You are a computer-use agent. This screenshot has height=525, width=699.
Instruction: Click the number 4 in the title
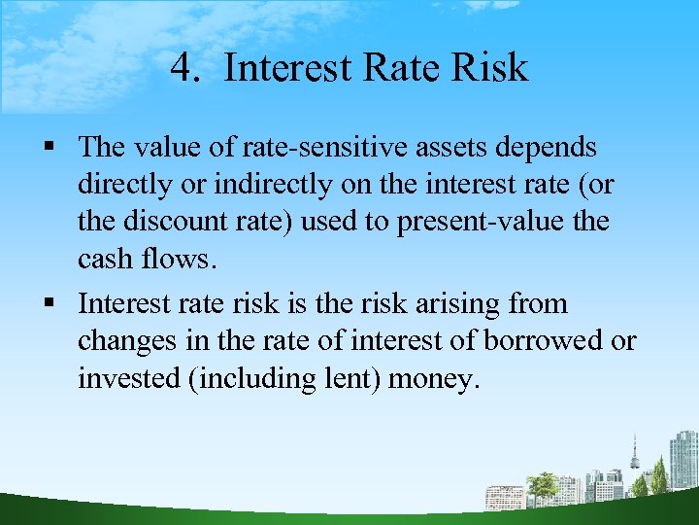pyautogui.click(x=182, y=68)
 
